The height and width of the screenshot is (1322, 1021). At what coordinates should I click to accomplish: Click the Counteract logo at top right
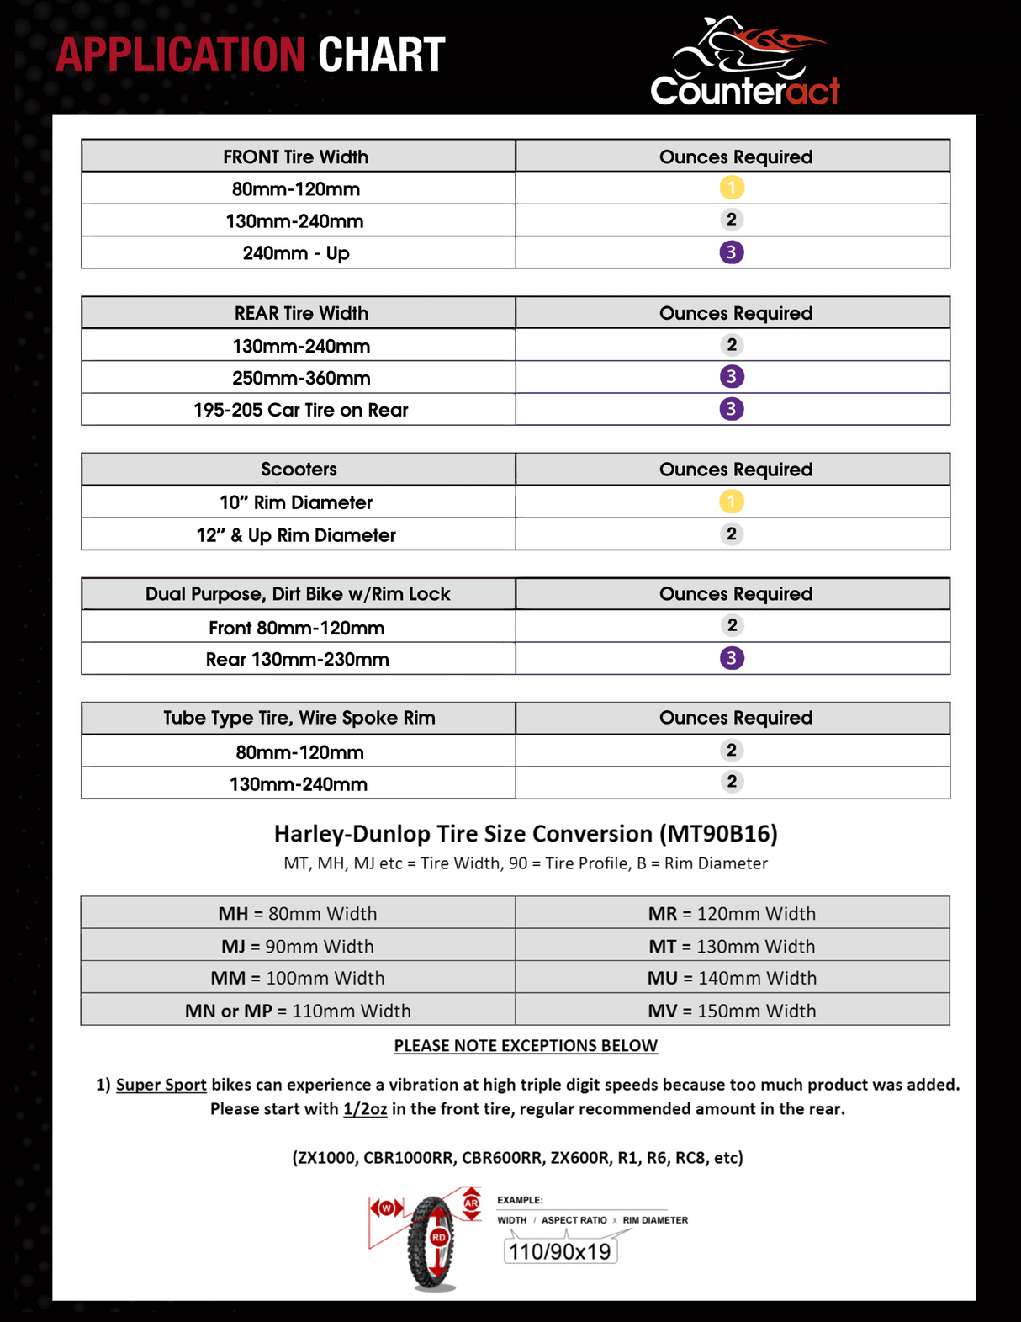(x=745, y=64)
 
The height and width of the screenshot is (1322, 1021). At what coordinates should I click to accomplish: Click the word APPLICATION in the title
(x=181, y=56)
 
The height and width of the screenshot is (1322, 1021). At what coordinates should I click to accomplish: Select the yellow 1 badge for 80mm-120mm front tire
(x=732, y=188)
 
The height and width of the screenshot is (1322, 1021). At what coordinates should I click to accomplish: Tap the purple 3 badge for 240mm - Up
(x=732, y=252)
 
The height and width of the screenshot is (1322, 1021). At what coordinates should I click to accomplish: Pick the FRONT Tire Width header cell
(x=296, y=157)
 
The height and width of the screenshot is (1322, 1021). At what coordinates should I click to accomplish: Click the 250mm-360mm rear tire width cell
(x=301, y=378)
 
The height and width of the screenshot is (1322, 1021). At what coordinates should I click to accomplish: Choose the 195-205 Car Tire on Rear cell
(x=300, y=410)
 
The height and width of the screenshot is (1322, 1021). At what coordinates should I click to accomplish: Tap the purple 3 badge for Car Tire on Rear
(x=732, y=409)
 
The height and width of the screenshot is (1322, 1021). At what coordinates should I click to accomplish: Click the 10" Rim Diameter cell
(x=296, y=502)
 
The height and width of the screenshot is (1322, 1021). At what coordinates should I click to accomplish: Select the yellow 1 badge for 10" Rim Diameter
(x=732, y=502)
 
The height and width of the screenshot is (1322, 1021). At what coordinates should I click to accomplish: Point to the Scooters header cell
(x=299, y=470)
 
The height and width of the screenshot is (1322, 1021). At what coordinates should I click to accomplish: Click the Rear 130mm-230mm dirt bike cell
(x=298, y=659)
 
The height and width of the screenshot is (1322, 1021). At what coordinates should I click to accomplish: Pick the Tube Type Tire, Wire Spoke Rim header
(x=299, y=718)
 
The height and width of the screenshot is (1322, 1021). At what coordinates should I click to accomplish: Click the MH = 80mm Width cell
(x=298, y=913)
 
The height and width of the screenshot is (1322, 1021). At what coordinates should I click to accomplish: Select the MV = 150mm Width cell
(x=732, y=1011)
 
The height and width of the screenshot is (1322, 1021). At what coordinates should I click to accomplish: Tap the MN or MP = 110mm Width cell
(x=298, y=1011)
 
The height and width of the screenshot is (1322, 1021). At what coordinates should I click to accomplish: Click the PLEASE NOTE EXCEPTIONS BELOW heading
(x=526, y=1045)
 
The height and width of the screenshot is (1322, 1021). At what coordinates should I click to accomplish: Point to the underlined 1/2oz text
(x=365, y=1109)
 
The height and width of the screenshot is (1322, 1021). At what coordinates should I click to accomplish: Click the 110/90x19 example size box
(x=560, y=1251)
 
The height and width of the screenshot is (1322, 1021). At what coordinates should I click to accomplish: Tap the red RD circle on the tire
(x=439, y=1238)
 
